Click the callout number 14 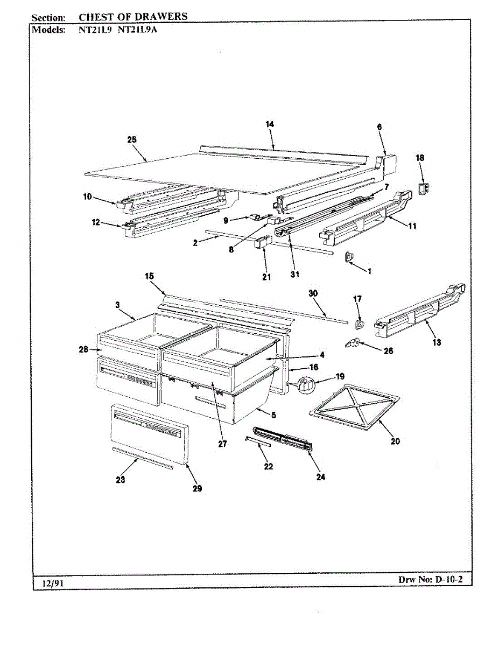[270, 124]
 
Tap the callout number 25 [132, 140]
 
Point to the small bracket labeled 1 [349, 257]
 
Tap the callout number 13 [437, 342]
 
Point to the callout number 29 [197, 489]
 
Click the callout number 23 [121, 480]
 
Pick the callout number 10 [87, 197]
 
